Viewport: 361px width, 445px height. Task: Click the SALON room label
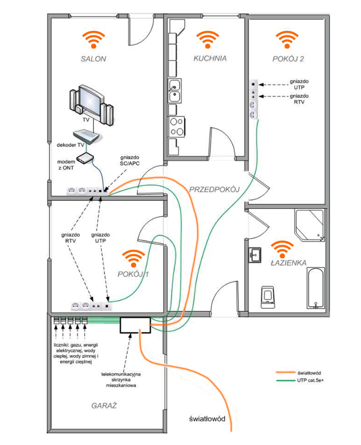click(x=93, y=59)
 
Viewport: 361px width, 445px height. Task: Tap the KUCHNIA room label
click(x=210, y=59)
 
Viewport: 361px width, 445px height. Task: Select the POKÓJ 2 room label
click(x=288, y=59)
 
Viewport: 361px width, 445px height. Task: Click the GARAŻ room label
click(x=104, y=406)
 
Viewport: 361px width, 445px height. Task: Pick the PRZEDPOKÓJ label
click(x=214, y=190)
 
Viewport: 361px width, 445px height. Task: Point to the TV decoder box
click(x=85, y=137)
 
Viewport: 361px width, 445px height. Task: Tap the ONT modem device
click(x=85, y=158)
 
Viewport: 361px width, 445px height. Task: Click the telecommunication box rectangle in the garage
click(x=134, y=325)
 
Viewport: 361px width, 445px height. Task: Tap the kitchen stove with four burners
click(x=176, y=126)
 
